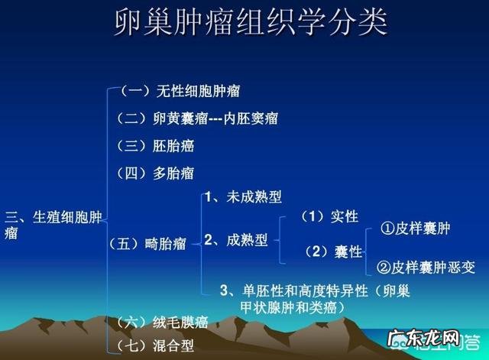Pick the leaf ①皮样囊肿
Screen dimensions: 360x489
[416, 229]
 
